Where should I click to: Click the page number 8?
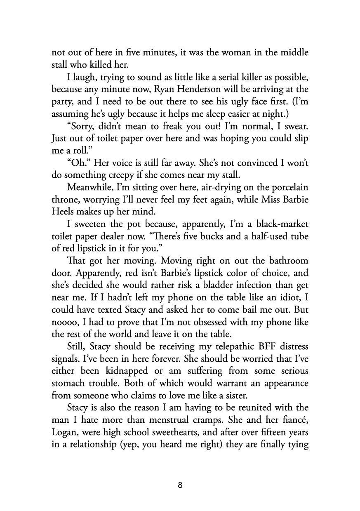click(x=180, y=485)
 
